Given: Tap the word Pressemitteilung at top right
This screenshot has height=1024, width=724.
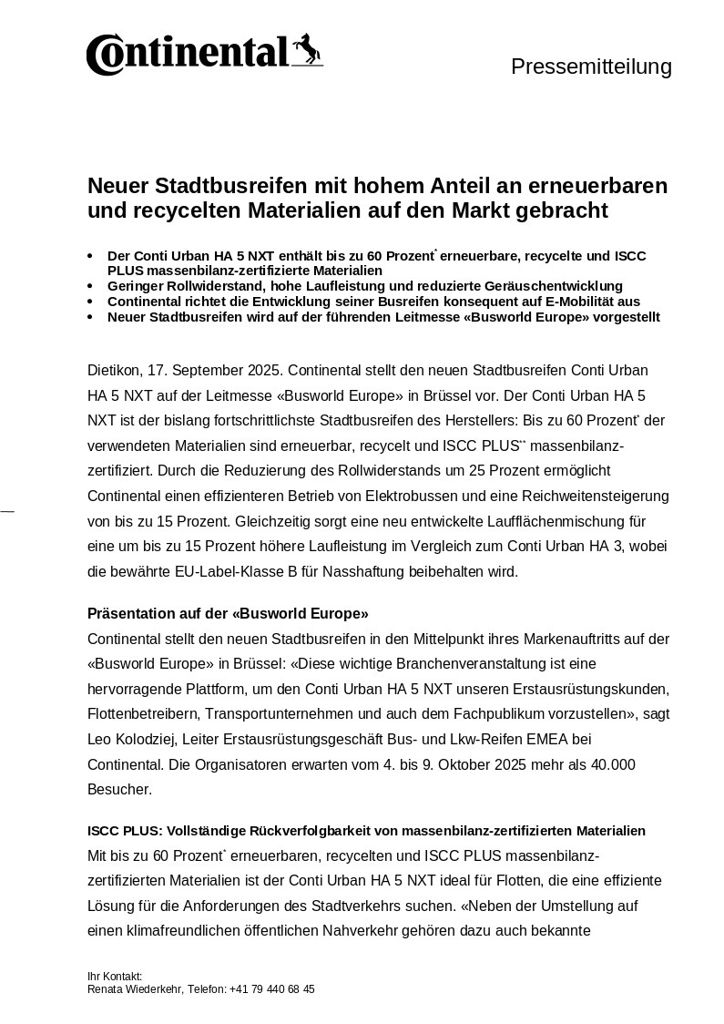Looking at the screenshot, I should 591,67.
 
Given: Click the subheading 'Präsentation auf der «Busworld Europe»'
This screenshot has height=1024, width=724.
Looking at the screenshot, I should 228,612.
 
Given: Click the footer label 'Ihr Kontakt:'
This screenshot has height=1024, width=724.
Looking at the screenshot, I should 115,976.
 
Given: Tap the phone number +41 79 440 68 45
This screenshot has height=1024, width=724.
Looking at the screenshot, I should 272,988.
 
